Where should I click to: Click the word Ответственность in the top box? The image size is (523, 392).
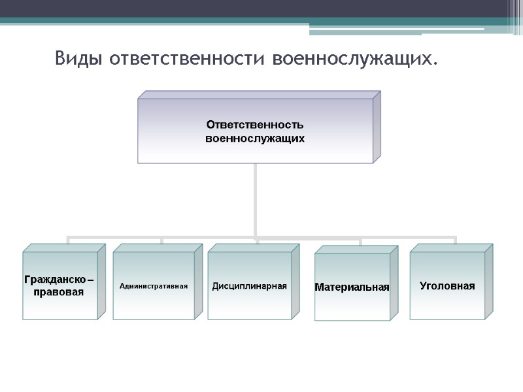click(x=255, y=124)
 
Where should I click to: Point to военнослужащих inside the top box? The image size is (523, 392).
click(x=255, y=139)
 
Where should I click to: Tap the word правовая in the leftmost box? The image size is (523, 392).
click(x=58, y=292)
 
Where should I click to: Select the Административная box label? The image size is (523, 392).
click(x=154, y=286)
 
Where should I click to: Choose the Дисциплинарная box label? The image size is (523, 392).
click(x=249, y=286)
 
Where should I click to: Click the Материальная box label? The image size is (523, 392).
click(x=352, y=287)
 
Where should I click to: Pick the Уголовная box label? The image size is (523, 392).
click(x=447, y=286)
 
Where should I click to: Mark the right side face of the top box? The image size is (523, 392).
click(x=377, y=127)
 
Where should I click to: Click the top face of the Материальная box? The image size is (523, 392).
click(x=356, y=250)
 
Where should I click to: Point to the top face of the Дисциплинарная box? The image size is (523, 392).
click(x=254, y=248)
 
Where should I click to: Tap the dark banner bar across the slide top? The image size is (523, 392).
click(x=261, y=8)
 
